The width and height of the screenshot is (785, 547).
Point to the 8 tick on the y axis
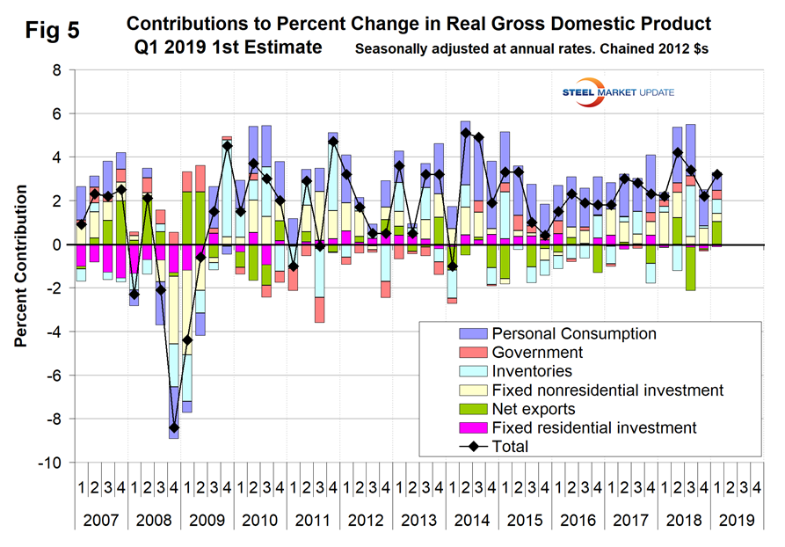click(55, 70)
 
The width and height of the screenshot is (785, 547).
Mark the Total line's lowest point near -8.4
click(174, 427)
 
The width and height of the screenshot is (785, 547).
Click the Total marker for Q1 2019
click(717, 174)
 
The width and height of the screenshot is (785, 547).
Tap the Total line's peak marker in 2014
click(465, 133)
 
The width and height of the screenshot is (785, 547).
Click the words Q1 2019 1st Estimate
click(228, 47)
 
